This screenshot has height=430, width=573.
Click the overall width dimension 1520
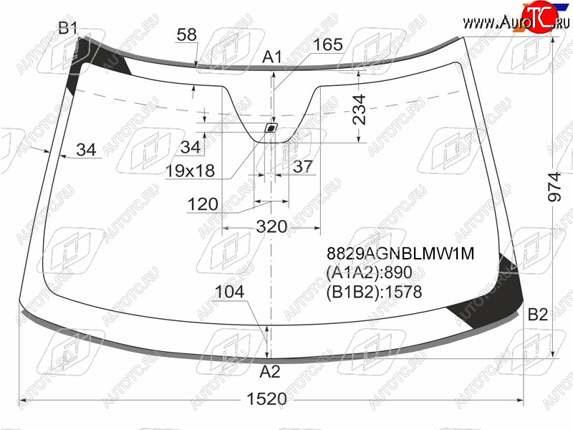click(x=266, y=398)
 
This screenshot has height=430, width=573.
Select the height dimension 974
click(x=554, y=187)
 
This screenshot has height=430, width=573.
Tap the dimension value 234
click(x=359, y=110)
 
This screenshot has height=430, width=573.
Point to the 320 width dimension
click(x=271, y=226)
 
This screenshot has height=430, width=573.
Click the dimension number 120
click(x=203, y=204)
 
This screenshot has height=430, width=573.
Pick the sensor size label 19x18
click(x=190, y=171)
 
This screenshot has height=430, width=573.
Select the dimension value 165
click(x=328, y=44)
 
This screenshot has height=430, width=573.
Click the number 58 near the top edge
click(x=186, y=34)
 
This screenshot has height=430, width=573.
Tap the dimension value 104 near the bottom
click(x=229, y=292)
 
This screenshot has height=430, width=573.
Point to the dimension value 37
click(x=303, y=167)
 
